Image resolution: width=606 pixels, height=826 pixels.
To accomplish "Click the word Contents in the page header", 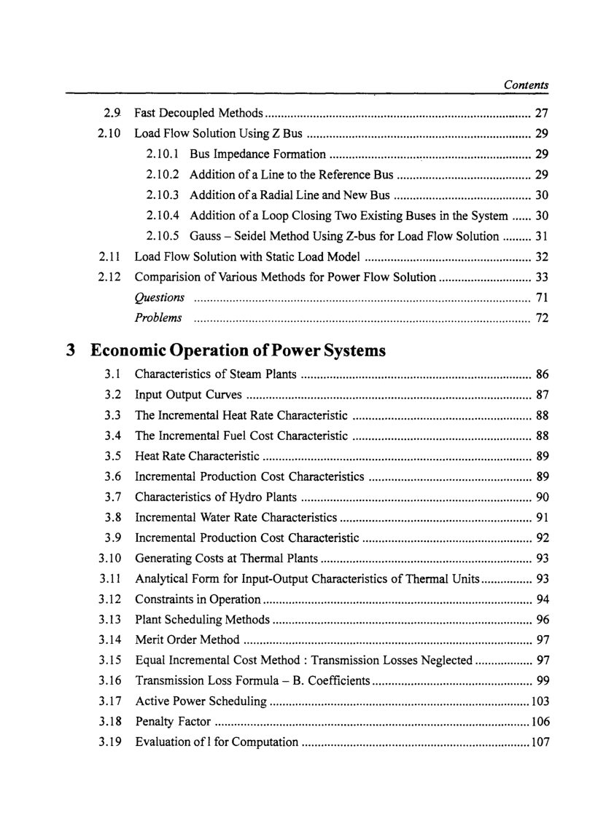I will [x=526, y=85].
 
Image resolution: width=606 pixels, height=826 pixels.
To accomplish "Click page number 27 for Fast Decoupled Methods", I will [x=542, y=114].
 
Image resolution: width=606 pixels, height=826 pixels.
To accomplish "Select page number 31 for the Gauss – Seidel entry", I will [x=542, y=236].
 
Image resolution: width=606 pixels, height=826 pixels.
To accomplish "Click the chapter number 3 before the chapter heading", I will [x=71, y=351].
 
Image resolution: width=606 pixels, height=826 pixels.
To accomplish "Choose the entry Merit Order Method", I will [x=187, y=640].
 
